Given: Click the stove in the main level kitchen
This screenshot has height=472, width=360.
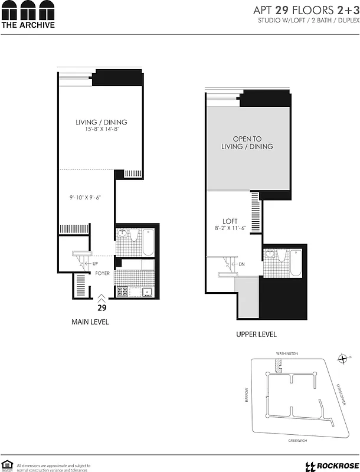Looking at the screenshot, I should click(x=123, y=291).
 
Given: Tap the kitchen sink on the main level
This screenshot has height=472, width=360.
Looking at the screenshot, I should click(x=146, y=291).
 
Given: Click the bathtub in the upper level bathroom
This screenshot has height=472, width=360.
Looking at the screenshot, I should click(x=295, y=263).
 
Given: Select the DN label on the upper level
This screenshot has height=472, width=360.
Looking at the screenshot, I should click(x=241, y=264).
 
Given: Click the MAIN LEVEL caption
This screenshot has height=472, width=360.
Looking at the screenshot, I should click(x=90, y=322).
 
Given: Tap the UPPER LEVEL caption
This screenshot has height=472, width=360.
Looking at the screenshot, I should click(x=256, y=335).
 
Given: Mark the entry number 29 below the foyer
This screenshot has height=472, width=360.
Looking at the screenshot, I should click(x=101, y=307).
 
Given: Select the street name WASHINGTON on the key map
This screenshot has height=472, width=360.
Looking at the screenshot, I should click(x=287, y=353).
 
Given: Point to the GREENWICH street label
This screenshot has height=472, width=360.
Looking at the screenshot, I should click(x=293, y=440).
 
